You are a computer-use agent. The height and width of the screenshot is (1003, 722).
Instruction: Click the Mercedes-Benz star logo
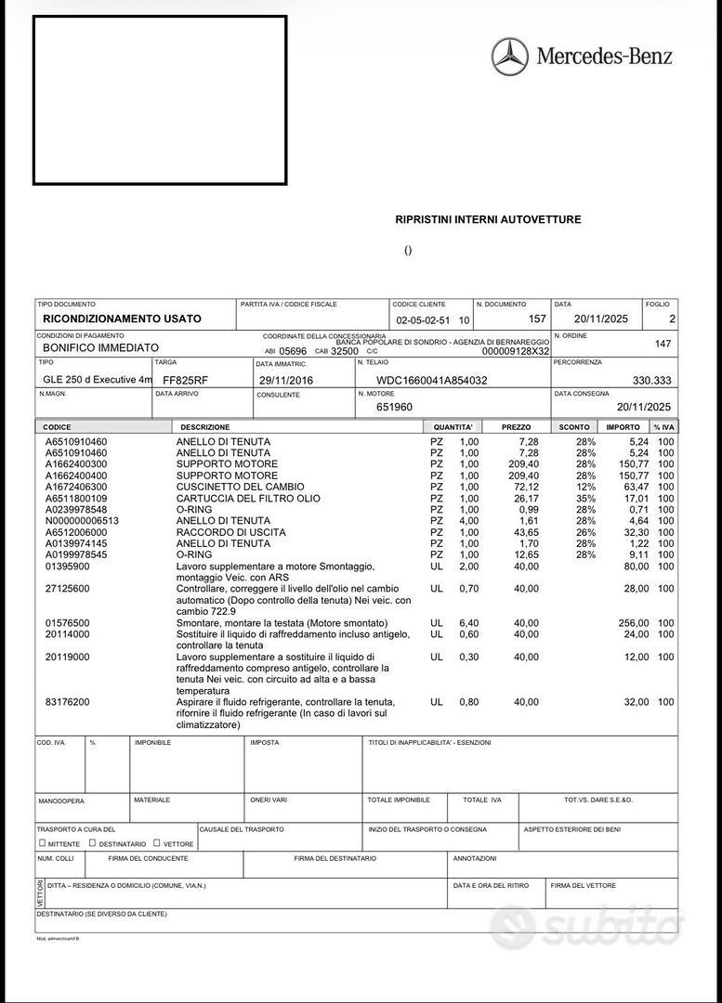[x=509, y=57]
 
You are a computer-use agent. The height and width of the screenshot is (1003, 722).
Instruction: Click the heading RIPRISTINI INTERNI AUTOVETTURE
[x=488, y=219]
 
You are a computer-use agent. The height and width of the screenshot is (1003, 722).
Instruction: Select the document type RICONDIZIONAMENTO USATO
[x=122, y=319]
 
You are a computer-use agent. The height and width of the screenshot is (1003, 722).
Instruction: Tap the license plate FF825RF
[x=185, y=380]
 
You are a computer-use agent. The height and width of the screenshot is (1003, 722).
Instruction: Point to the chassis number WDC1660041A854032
[x=431, y=380]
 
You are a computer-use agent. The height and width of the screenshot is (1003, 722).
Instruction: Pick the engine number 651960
[x=394, y=407]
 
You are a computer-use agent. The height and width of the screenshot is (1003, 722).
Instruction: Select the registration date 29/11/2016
[x=282, y=380]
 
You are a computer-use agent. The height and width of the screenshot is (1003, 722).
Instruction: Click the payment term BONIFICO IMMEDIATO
[x=101, y=347]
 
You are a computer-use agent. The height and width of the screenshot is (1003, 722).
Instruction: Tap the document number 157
[x=536, y=319]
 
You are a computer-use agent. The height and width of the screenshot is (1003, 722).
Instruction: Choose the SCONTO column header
[x=574, y=427]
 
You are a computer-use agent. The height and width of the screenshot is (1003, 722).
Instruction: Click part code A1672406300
[x=76, y=487]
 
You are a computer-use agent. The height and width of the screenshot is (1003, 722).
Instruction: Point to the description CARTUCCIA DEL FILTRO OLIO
[x=248, y=499]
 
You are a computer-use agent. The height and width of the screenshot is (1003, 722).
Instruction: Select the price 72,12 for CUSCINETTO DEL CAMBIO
[x=526, y=487]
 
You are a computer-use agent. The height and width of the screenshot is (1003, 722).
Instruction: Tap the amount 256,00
[x=634, y=622]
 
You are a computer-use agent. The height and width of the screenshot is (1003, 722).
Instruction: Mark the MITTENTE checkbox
[x=43, y=843]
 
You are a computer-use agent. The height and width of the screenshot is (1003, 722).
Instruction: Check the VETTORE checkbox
[x=157, y=843]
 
